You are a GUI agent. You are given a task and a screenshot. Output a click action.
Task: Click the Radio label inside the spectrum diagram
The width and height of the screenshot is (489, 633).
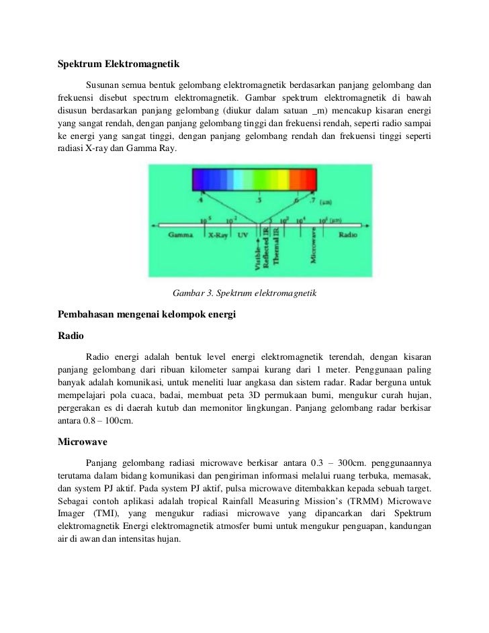[347, 236]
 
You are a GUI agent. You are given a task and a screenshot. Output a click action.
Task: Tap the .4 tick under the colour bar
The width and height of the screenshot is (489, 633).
[199, 200]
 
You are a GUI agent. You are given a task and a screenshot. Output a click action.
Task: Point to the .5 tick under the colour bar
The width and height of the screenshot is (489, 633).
[259, 200]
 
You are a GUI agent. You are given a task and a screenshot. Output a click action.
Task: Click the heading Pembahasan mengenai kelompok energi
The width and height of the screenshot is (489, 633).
[147, 314]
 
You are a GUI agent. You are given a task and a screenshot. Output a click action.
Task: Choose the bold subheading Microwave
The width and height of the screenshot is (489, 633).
[79, 443]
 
